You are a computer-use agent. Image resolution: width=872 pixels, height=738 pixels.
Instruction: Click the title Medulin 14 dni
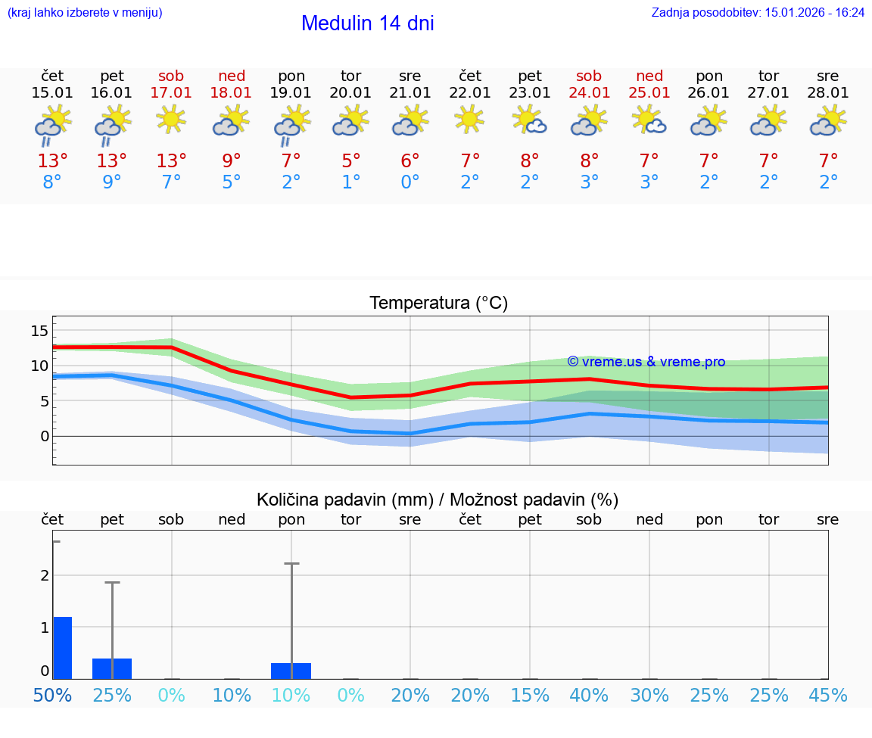pyautogui.click(x=367, y=23)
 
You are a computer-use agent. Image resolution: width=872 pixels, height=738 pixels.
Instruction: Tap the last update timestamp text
pyautogui.click(x=758, y=13)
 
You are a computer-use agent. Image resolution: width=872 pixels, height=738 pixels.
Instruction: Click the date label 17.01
pyautogui.click(x=171, y=93)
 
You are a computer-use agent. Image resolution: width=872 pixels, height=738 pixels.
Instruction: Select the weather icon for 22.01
pyautogui.click(x=469, y=120)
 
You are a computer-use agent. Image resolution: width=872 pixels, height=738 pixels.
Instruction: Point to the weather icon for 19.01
pyautogui.click(x=291, y=124)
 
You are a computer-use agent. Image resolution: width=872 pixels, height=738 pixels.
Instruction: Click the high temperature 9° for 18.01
pyautogui.click(x=231, y=161)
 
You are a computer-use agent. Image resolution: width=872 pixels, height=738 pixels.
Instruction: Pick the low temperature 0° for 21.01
pyautogui.click(x=410, y=182)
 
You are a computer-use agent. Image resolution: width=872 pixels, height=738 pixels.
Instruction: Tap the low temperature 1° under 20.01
pyautogui.click(x=350, y=182)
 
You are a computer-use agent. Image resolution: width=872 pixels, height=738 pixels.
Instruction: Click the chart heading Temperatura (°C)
pyautogui.click(x=438, y=304)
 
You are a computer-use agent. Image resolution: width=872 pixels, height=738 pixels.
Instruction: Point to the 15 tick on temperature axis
pyautogui.click(x=39, y=331)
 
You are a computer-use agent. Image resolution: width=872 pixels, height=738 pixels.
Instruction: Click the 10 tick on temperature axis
pyautogui.click(x=39, y=366)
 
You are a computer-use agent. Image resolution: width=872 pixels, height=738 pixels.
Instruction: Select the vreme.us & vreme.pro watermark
pyautogui.click(x=646, y=362)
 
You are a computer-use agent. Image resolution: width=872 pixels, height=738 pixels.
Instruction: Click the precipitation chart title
pyautogui.click(x=438, y=500)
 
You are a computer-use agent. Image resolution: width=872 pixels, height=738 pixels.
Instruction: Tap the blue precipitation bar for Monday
pyautogui.click(x=291, y=671)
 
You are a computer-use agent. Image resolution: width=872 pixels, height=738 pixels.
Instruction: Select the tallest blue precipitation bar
pyautogui.click(x=62, y=648)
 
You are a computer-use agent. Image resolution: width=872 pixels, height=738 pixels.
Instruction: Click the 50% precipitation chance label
pyautogui.click(x=52, y=696)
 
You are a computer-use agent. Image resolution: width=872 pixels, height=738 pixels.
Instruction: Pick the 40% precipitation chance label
pyautogui.click(x=589, y=696)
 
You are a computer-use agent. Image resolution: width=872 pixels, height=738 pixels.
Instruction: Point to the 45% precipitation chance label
pyautogui.click(x=828, y=696)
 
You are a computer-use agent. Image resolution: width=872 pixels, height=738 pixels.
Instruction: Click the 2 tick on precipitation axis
pyautogui.click(x=45, y=575)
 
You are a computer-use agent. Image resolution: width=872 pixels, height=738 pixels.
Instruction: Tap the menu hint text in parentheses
pyautogui.click(x=85, y=13)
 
